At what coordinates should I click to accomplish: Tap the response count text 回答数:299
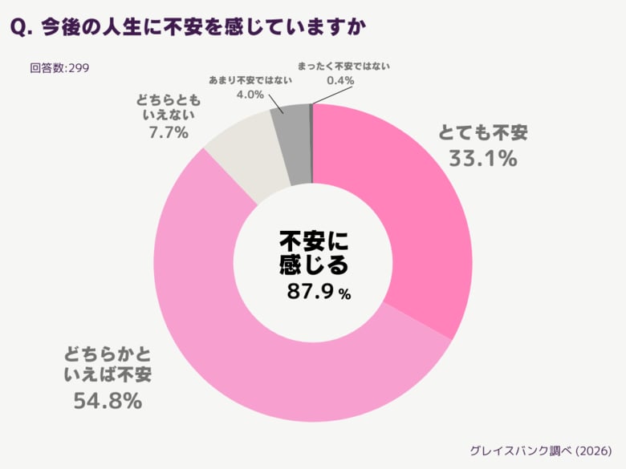[x=59, y=67]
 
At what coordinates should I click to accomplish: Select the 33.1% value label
[x=482, y=159]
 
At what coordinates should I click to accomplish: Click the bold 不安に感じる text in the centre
[x=314, y=252]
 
